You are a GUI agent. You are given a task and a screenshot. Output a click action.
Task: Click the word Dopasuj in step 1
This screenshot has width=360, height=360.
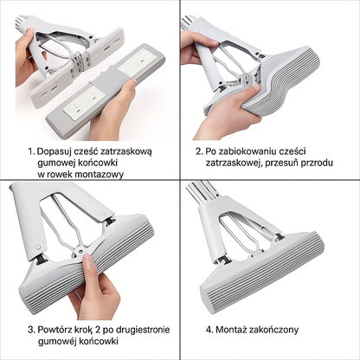click(x=54, y=151)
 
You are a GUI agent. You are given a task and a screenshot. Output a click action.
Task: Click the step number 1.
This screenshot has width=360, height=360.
click(x=31, y=151)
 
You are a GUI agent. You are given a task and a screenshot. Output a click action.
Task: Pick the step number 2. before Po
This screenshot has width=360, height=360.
click(x=199, y=151)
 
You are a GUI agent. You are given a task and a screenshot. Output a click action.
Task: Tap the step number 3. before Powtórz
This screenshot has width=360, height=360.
click(x=31, y=330)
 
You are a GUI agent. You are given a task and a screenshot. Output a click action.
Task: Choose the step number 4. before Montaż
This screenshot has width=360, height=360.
click(x=209, y=330)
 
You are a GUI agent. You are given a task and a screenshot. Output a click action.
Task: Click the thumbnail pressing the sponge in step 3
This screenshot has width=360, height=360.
click(x=89, y=261)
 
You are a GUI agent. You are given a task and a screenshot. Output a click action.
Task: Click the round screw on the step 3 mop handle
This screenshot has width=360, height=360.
click(x=37, y=247)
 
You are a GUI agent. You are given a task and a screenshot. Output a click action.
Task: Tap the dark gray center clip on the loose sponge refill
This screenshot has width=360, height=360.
click(x=105, y=82)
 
